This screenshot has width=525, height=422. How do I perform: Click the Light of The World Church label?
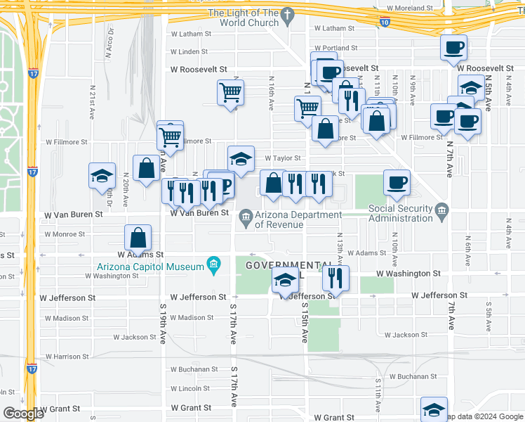(244, 18)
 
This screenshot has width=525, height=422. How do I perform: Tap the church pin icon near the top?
(287, 14)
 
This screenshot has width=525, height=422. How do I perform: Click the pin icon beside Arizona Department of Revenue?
(246, 215)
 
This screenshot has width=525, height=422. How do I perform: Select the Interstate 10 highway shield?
(385, 23)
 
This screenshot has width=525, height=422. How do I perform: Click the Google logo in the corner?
(22, 413)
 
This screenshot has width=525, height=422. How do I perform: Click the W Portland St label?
(336, 49)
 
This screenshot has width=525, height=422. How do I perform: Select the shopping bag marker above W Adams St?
(138, 238)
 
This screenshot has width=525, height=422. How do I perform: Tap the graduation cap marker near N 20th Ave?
(102, 176)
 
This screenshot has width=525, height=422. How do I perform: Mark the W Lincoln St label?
(190, 389)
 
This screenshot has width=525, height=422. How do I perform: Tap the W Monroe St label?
(64, 234)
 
